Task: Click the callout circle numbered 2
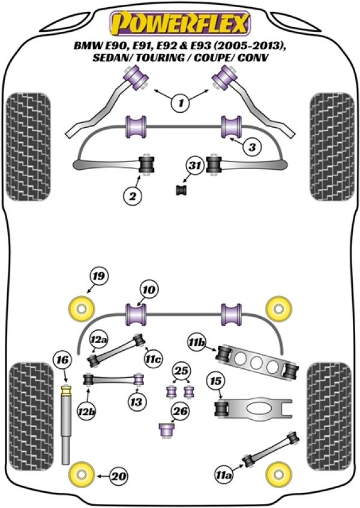pos(131,194)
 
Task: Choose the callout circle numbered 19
pos(98,276)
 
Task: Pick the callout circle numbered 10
pos(149,289)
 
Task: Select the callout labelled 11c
pos(154,360)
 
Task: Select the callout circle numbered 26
pos(180,411)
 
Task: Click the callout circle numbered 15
pos(216,381)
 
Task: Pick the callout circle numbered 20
pos(119,477)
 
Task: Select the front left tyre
pos(21,149)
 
